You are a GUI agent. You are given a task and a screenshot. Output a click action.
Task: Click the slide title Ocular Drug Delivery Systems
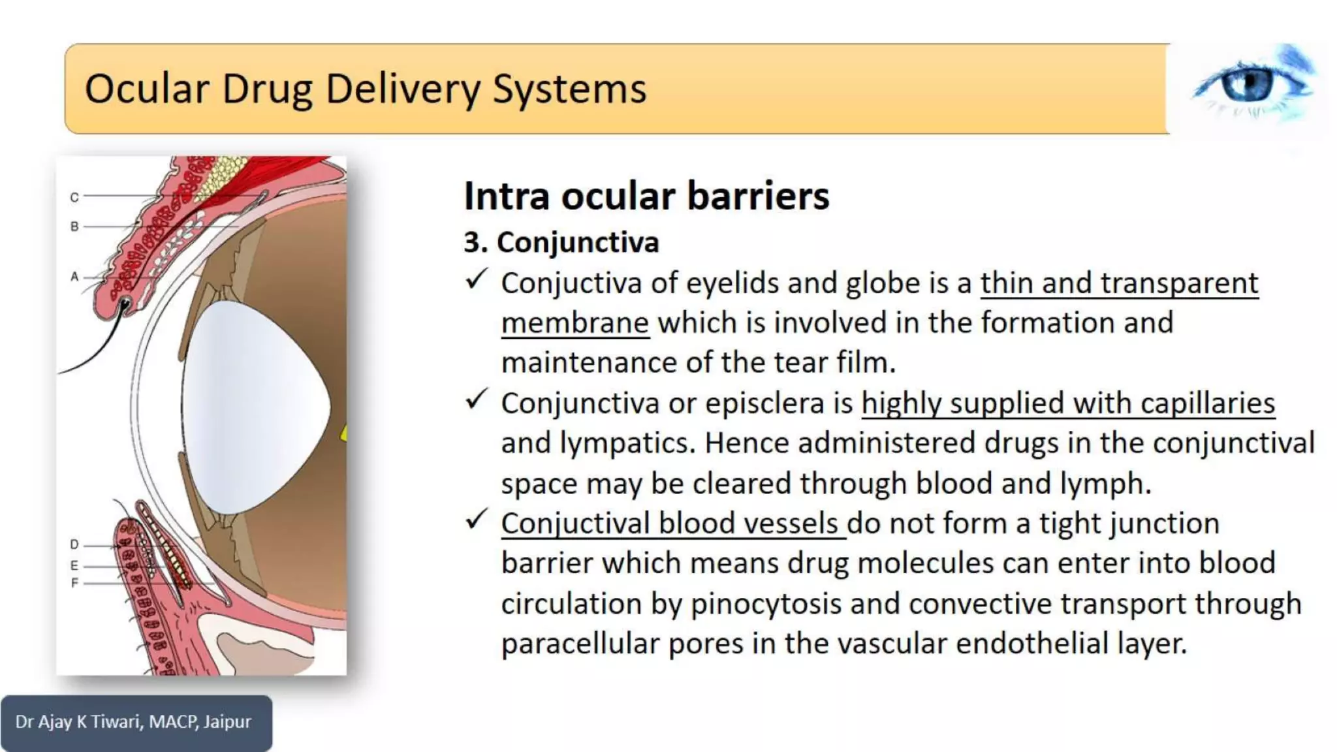coord(366,89)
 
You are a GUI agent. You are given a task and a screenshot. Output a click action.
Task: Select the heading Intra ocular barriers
coord(646,196)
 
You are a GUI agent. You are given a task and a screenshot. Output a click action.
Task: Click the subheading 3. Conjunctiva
coord(561,242)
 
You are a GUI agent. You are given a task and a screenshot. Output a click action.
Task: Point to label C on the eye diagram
coord(74,197)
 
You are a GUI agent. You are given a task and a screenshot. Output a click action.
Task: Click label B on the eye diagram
coord(74,227)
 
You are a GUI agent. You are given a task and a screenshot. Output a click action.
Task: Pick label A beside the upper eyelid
coord(74,277)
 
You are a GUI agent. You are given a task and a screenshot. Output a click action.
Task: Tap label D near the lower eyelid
coord(74,544)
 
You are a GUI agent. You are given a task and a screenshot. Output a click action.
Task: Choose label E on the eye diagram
coord(74,565)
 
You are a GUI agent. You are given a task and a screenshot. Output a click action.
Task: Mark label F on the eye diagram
coord(74,582)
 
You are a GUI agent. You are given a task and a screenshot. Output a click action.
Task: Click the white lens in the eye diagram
coord(255,405)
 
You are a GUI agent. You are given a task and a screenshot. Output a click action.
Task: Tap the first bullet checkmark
coord(477,279)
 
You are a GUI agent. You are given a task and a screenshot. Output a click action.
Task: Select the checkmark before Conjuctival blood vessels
coord(477,520)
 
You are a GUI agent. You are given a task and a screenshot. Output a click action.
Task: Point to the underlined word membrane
coord(575,323)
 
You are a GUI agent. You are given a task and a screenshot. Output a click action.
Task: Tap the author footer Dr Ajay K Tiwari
coord(133,722)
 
